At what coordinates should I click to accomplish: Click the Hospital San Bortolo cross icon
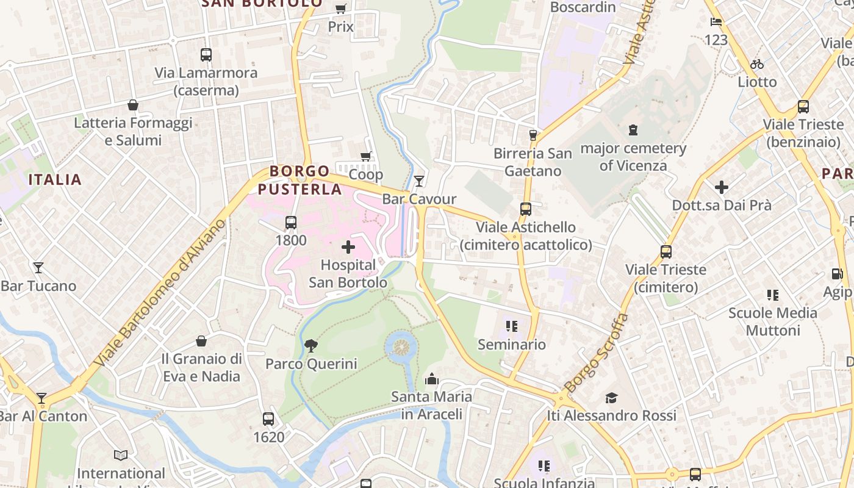tap(348, 247)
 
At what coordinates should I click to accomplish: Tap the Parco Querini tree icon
tap(311, 346)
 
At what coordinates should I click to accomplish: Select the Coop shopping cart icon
tap(366, 156)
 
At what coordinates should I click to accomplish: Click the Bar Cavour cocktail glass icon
tap(419, 181)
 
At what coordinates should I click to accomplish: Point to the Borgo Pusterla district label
tap(300, 180)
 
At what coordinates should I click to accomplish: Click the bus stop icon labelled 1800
tap(291, 223)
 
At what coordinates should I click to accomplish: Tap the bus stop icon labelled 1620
tap(268, 419)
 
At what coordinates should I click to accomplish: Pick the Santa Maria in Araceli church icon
tap(432, 379)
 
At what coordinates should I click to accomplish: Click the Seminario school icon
tap(511, 326)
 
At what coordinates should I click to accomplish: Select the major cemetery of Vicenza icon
tap(633, 130)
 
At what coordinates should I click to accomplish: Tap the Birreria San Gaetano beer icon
tap(533, 135)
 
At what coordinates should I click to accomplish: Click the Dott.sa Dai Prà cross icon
tap(722, 187)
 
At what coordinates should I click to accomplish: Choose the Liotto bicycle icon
tap(757, 64)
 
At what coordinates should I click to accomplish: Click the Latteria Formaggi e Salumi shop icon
tap(133, 105)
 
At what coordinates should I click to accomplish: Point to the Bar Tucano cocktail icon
tap(38, 268)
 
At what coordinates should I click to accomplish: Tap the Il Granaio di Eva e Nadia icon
tap(201, 341)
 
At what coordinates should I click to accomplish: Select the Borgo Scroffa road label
tap(596, 353)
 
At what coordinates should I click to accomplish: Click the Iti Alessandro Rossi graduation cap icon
tap(611, 398)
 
